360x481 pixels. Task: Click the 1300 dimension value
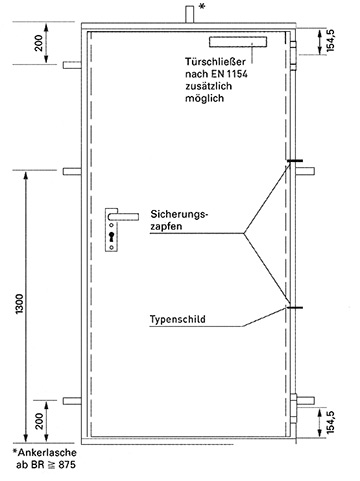(x=20, y=304)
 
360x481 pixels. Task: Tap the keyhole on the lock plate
(x=111, y=237)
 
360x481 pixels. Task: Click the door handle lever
(x=123, y=216)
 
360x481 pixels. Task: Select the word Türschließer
(x=215, y=61)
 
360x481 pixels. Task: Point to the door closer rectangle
(x=238, y=41)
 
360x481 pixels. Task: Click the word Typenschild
(x=178, y=319)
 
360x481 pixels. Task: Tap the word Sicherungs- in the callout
(x=179, y=214)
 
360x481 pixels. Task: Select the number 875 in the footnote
(x=67, y=465)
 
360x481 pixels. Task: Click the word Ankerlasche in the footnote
(x=47, y=452)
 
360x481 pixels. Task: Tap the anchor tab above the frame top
(x=190, y=15)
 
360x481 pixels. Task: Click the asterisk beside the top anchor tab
(x=201, y=6)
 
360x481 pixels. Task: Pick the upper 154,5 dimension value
(x=330, y=41)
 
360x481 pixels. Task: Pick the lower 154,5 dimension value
(x=330, y=422)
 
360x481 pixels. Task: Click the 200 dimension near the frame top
(x=39, y=43)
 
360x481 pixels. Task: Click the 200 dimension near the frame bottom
(x=39, y=421)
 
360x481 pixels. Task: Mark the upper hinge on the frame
(x=293, y=56)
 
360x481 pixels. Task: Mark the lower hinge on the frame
(x=293, y=408)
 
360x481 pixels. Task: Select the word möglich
(x=205, y=99)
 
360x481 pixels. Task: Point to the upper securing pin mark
(x=295, y=161)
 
